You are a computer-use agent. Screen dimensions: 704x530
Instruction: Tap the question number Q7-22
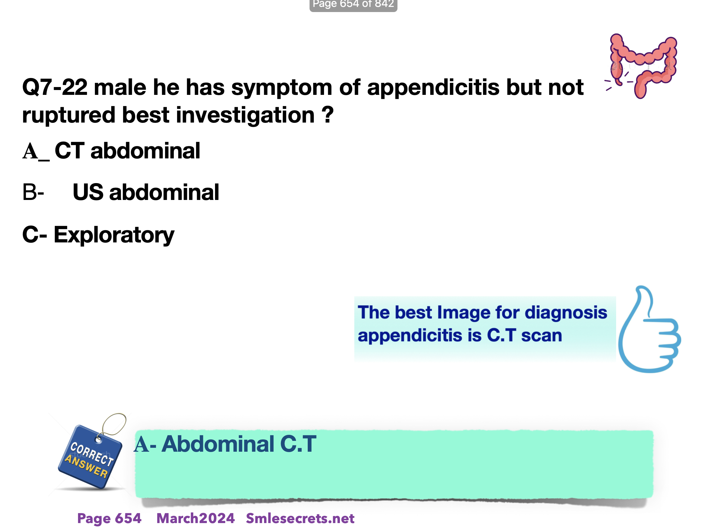(55, 87)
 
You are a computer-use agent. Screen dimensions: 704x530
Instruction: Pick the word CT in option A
(69, 151)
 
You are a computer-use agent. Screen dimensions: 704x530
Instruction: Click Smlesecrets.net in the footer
(300, 519)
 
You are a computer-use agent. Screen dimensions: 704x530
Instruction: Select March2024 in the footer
(195, 519)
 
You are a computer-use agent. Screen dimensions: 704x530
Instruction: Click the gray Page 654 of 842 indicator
(353, 5)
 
